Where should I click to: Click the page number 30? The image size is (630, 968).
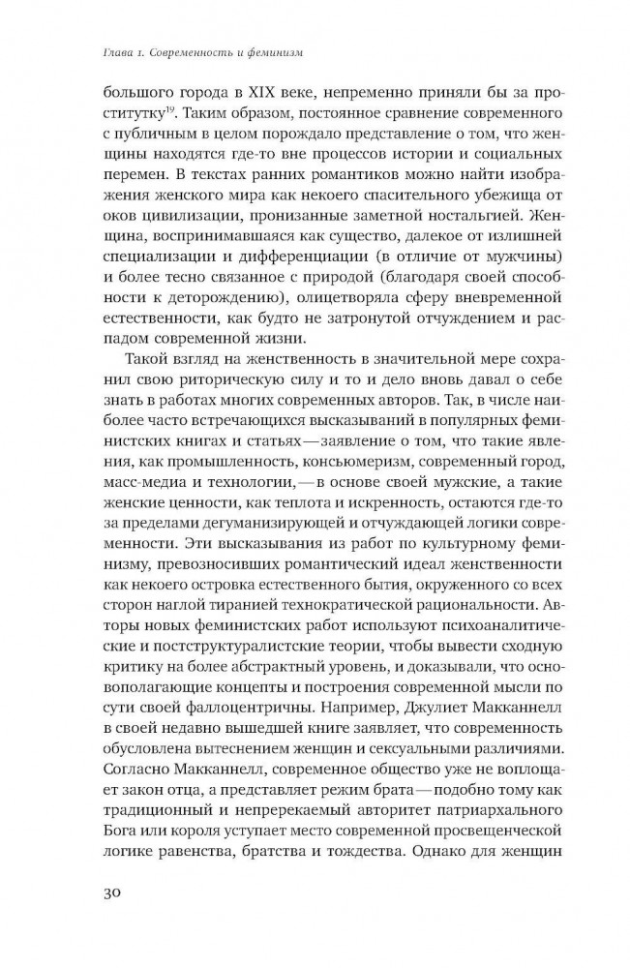point(115,892)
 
